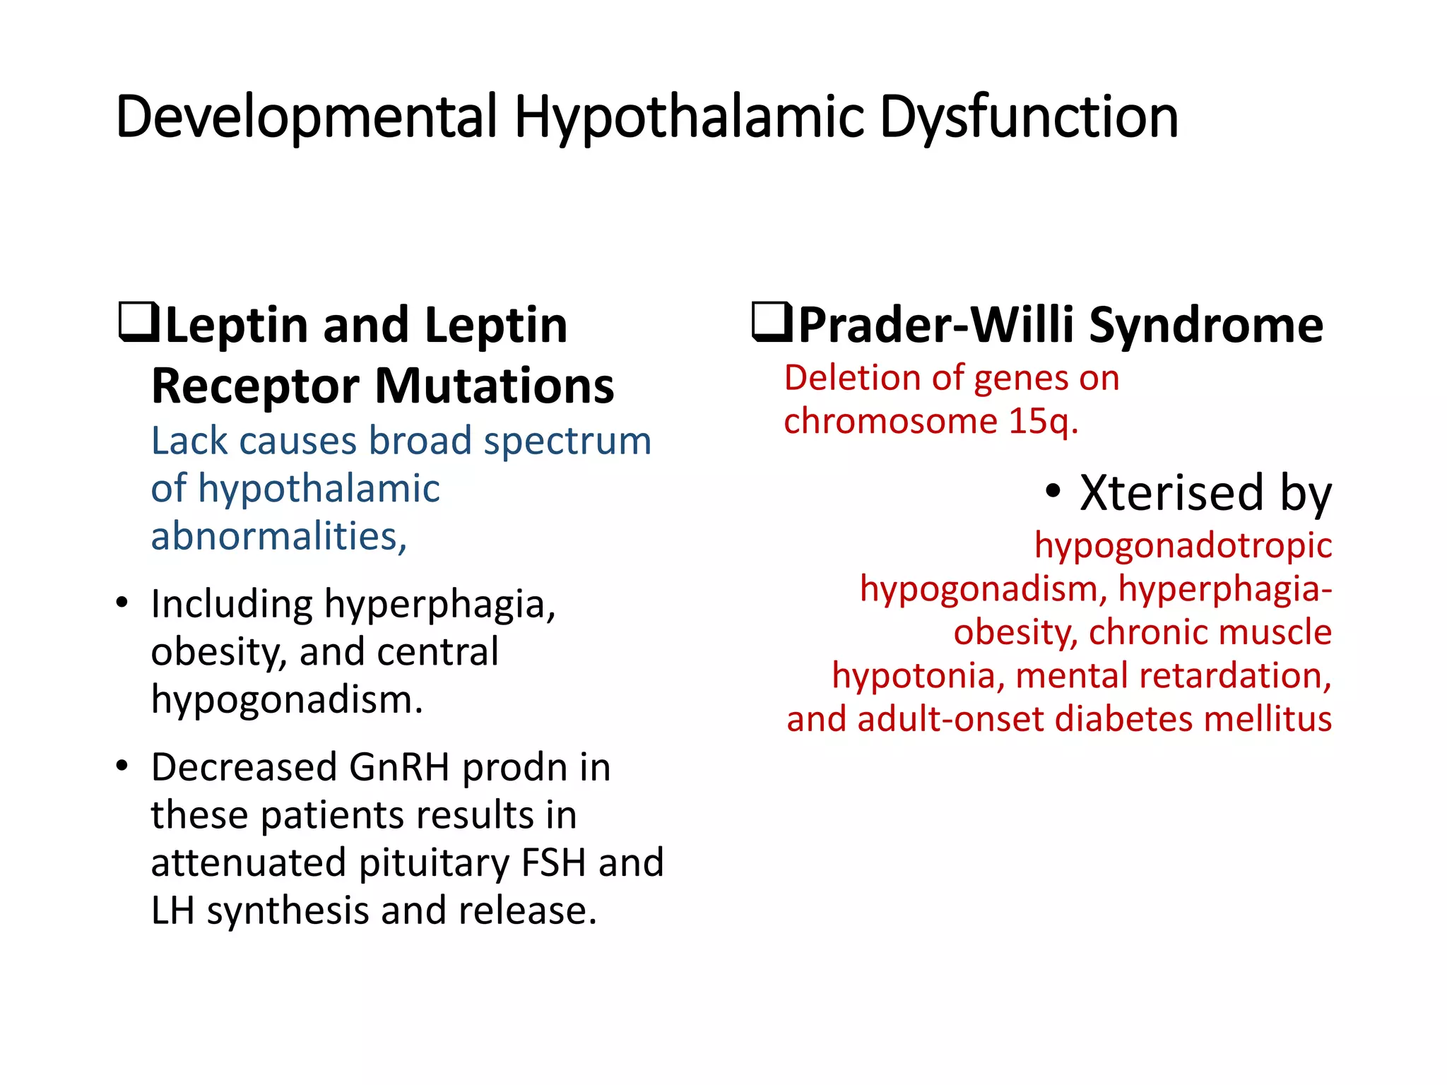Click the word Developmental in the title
point(306,117)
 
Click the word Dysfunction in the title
point(1029,117)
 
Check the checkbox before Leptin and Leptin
point(138,323)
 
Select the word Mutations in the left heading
point(494,386)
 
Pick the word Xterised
point(1171,492)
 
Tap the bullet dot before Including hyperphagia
point(122,603)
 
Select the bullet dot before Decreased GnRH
point(122,766)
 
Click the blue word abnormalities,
point(279,536)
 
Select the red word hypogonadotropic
point(1183,546)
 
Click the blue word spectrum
point(567,441)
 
